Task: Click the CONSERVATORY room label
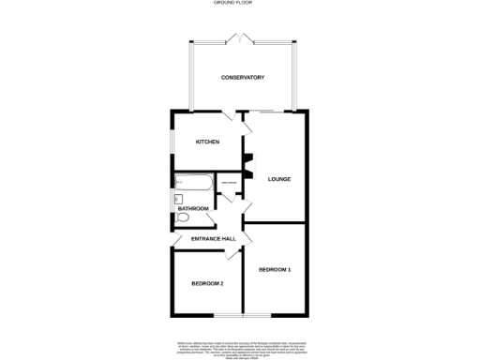click(242, 77)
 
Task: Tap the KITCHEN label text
click(207, 142)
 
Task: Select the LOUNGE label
click(279, 179)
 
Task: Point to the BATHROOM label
click(193, 207)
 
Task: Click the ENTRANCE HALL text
click(212, 240)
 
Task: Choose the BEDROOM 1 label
click(276, 270)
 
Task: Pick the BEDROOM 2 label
click(207, 283)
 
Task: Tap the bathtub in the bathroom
click(192, 184)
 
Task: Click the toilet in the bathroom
click(182, 218)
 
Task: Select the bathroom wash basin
click(177, 199)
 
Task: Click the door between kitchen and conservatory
click(229, 115)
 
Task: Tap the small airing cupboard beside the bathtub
click(227, 183)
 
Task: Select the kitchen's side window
click(171, 142)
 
